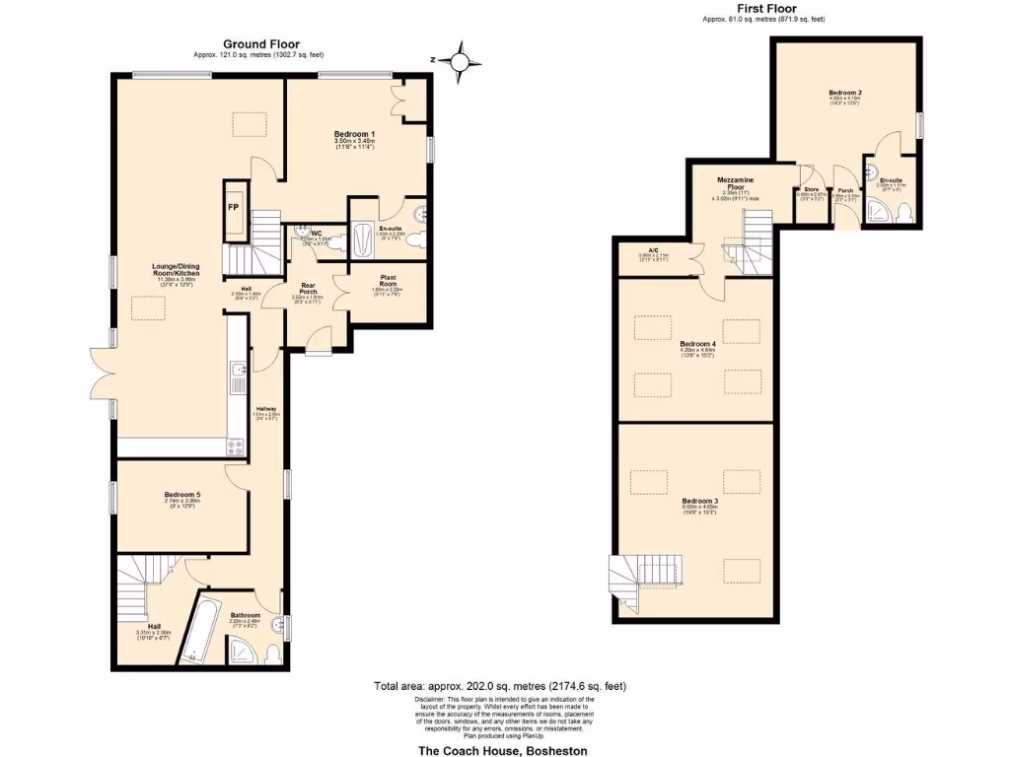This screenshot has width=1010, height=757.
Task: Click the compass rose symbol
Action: (x=460, y=61)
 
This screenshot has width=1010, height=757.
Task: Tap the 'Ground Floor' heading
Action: (x=261, y=43)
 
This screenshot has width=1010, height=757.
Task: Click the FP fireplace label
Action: (x=234, y=208)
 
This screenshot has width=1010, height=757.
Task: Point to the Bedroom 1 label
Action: (x=354, y=134)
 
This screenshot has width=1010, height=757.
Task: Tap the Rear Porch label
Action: (x=314, y=290)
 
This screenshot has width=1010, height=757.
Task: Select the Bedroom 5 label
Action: (x=182, y=495)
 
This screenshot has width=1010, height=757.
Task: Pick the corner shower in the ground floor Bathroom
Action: (x=241, y=650)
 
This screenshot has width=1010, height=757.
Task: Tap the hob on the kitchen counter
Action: (x=237, y=445)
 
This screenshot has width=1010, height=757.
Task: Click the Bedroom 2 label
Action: (x=845, y=93)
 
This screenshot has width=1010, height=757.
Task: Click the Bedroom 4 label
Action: (x=697, y=344)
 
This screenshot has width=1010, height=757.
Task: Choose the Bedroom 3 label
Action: (x=699, y=501)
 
